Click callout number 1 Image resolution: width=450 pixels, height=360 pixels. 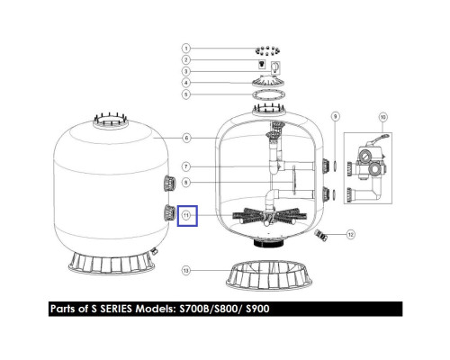pyautogui.click(x=186, y=49)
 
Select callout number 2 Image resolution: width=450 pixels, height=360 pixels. pyautogui.click(x=186, y=59)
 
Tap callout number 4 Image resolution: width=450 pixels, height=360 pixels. pyautogui.click(x=186, y=83)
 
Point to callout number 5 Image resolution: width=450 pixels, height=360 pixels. pyautogui.click(x=186, y=94)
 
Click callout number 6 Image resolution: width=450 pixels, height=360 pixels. pyautogui.click(x=186, y=138)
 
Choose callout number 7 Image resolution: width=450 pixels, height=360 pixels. pyautogui.click(x=186, y=166)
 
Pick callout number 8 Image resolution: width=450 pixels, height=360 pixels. pyautogui.click(x=186, y=182)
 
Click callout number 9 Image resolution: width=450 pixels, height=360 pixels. pyautogui.click(x=336, y=116)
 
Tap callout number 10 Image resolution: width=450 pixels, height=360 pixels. pyautogui.click(x=382, y=117)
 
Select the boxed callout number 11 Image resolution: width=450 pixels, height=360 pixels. pyautogui.click(x=186, y=215)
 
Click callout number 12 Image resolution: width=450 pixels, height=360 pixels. pyautogui.click(x=351, y=234)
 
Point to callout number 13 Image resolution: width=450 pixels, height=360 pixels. pyautogui.click(x=186, y=271)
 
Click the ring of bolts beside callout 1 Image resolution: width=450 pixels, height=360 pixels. pyautogui.click(x=267, y=51)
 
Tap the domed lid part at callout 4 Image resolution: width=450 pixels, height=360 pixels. pyautogui.click(x=268, y=81)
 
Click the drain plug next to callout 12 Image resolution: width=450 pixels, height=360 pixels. pyautogui.click(x=320, y=235)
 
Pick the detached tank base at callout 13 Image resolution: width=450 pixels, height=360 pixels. pyautogui.click(x=269, y=275)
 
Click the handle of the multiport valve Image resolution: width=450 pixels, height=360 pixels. pyautogui.click(x=379, y=139)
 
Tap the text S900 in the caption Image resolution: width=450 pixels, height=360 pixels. pyautogui.click(x=257, y=309)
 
